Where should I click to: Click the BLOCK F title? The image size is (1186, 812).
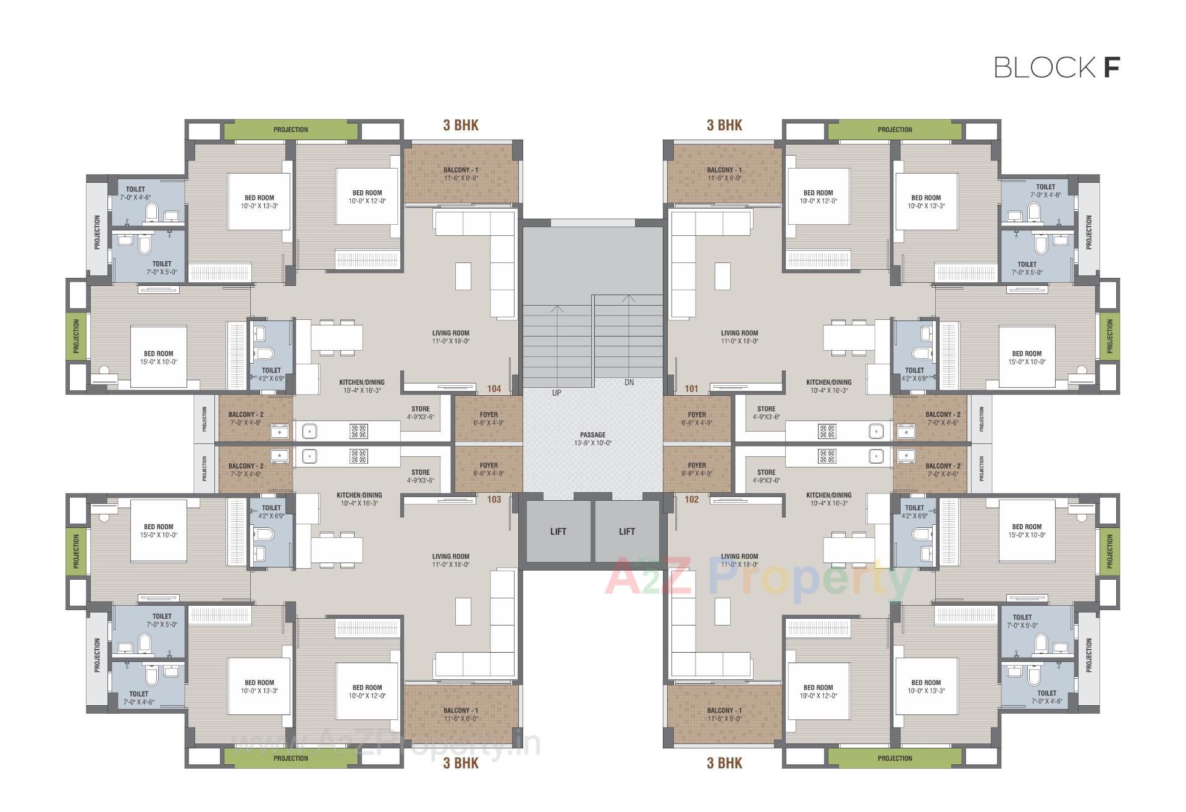(1056, 67)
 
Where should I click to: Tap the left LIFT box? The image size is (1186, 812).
(558, 532)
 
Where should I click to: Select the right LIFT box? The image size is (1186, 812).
(626, 532)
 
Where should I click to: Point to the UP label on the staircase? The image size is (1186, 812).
(557, 393)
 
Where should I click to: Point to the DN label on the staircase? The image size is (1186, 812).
(629, 383)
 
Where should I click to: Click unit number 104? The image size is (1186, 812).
(494, 388)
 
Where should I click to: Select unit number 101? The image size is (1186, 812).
(691, 388)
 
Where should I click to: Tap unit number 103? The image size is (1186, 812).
(494, 499)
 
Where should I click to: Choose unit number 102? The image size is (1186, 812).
(691, 499)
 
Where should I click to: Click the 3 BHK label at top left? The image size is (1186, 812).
(461, 125)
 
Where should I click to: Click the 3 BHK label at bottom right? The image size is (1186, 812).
(724, 763)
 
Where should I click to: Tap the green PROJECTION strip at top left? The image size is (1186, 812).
(290, 130)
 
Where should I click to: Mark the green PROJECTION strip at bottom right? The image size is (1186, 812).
(894, 758)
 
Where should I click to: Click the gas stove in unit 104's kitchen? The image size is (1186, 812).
(358, 431)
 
